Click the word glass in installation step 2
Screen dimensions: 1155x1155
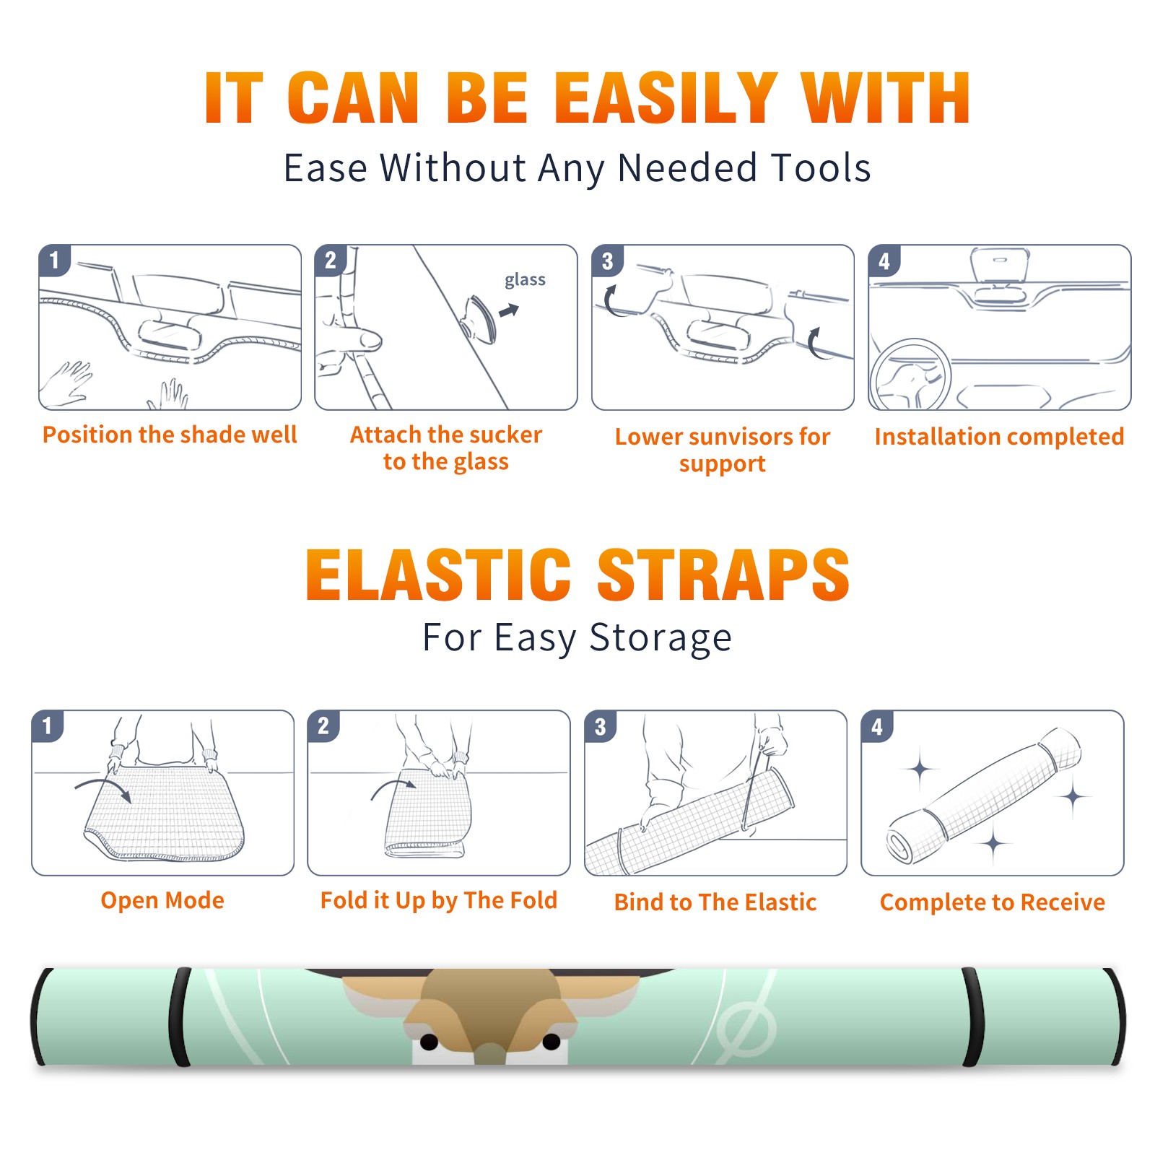525,280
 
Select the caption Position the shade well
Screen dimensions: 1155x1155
170,435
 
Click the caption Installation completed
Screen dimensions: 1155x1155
999,436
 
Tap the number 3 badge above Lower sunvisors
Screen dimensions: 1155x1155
606,261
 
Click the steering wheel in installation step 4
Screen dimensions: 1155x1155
910,375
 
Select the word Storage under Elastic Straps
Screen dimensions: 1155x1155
661,638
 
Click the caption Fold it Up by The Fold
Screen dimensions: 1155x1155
438,900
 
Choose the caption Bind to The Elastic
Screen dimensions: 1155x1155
715,902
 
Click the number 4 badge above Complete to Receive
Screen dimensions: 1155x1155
877,726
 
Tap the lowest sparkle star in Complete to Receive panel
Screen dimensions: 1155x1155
993,842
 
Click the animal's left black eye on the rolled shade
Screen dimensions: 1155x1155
429,1042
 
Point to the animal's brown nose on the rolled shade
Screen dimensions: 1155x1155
490,1053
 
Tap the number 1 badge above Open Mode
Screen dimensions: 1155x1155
48,726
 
